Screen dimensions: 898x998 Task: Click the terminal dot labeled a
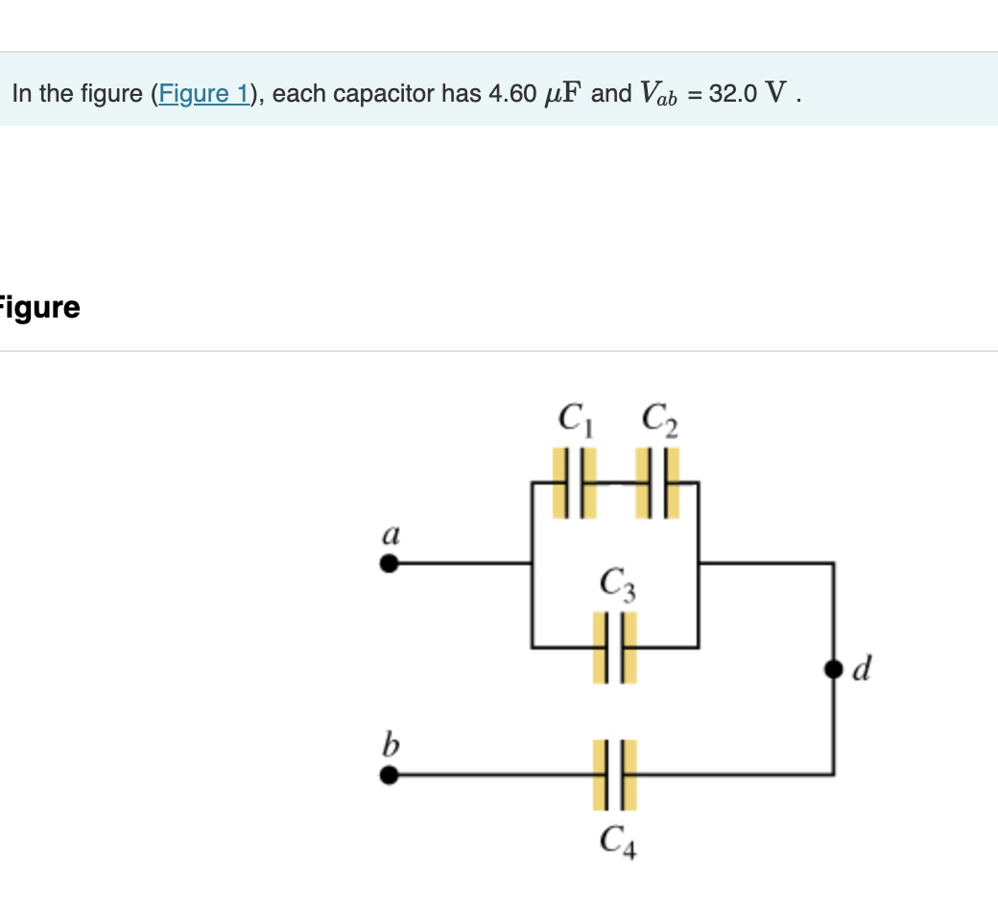click(x=388, y=564)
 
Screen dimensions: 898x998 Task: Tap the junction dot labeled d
click(x=833, y=670)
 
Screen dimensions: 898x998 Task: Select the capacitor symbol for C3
click(x=614, y=648)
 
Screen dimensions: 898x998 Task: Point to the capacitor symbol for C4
click(x=614, y=774)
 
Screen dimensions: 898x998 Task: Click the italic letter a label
click(x=391, y=533)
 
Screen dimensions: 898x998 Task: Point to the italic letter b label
click(x=391, y=744)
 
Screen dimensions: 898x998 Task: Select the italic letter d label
click(x=861, y=670)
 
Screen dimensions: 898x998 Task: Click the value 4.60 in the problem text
click(x=511, y=94)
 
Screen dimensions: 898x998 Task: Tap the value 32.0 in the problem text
click(x=732, y=94)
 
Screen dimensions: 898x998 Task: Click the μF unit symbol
click(x=562, y=94)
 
